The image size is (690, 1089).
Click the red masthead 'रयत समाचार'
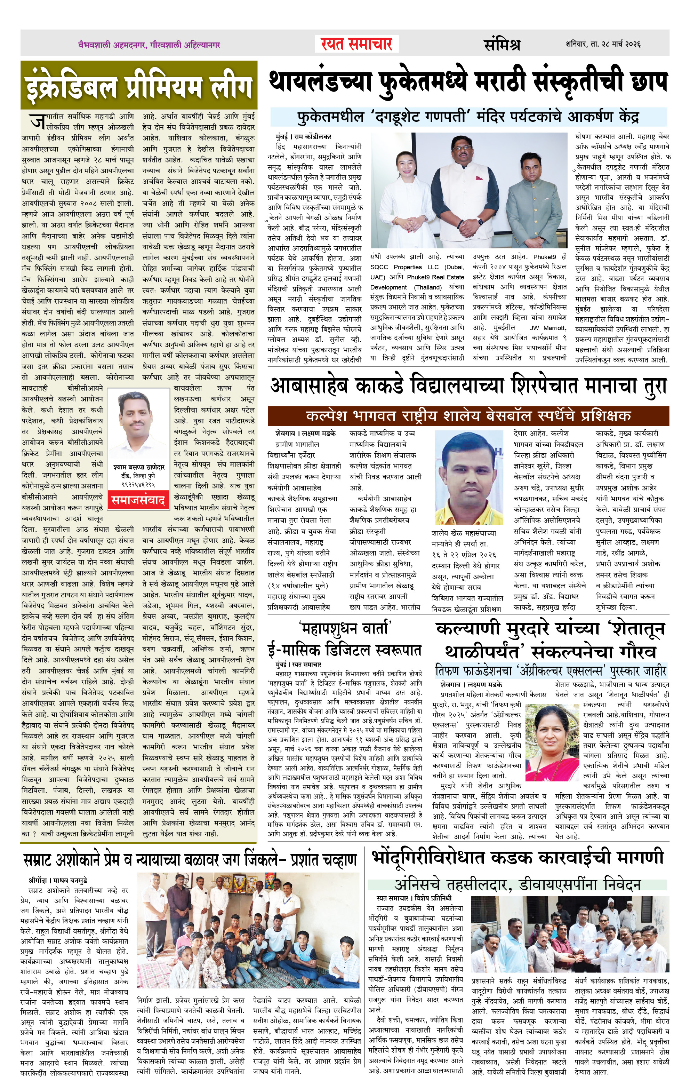[356, 44]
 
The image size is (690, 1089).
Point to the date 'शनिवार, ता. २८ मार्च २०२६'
[603, 44]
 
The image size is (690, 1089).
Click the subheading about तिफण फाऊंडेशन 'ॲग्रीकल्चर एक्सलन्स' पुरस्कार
[550, 670]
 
